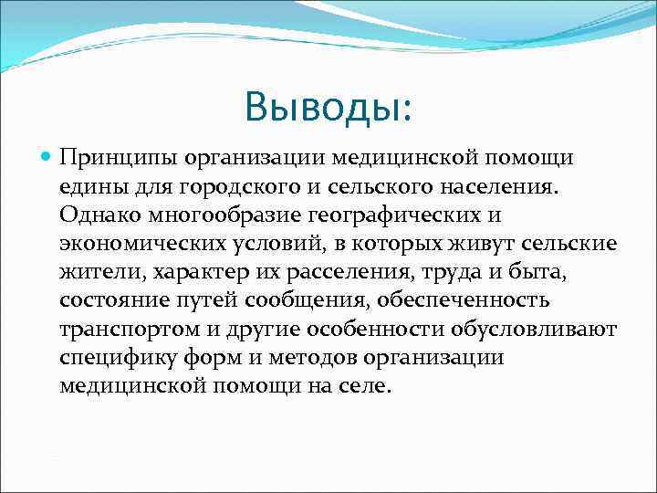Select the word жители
click(100, 272)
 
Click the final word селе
click(368, 385)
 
